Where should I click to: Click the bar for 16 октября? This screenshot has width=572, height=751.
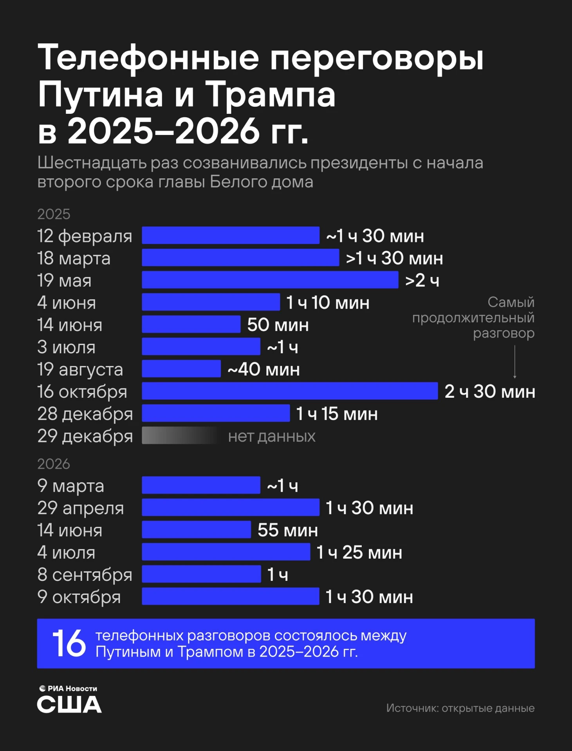(290, 391)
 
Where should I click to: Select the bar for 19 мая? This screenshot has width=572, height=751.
(270, 280)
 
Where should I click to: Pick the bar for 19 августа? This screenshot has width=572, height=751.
(181, 368)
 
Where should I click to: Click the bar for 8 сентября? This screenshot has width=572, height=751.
(201, 574)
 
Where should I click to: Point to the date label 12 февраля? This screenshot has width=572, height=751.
(85, 236)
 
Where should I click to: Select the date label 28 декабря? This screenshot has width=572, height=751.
(85, 414)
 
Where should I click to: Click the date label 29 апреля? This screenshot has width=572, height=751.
(81, 508)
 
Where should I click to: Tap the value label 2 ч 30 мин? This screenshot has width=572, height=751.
(490, 391)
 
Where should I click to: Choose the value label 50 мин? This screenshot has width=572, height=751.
(278, 325)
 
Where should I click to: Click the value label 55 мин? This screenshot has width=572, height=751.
(288, 530)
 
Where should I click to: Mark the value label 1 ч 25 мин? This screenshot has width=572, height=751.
(359, 552)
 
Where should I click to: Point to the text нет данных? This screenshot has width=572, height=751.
(272, 436)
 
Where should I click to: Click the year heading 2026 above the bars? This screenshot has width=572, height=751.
(54, 464)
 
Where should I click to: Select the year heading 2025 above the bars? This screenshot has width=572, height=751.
(54, 214)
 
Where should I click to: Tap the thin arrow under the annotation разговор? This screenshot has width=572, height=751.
(515, 362)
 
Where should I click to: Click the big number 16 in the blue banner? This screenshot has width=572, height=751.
(69, 643)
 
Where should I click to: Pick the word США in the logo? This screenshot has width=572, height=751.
(69, 704)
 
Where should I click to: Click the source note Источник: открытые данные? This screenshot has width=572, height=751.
(460, 708)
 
